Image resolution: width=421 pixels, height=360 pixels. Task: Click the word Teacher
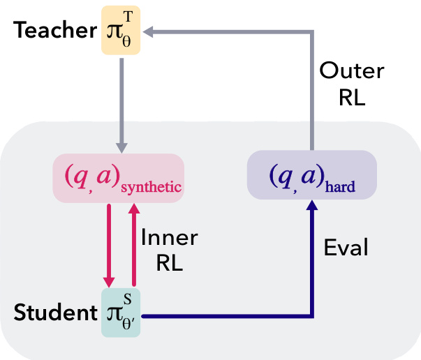[x=53, y=31]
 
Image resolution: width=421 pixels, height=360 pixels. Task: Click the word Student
[x=53, y=313]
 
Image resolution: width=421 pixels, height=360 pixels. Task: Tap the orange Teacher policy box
[x=121, y=31]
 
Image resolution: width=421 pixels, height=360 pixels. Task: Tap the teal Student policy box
[x=121, y=313]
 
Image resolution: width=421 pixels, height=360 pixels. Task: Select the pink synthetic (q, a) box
[x=119, y=179]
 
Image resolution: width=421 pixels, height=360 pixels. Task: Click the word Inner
[x=170, y=237]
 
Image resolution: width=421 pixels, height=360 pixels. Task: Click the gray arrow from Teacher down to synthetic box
[x=121, y=105]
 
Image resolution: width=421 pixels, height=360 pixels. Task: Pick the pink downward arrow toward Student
[x=109, y=244]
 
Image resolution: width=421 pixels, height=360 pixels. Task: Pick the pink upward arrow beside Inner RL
[x=133, y=244]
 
